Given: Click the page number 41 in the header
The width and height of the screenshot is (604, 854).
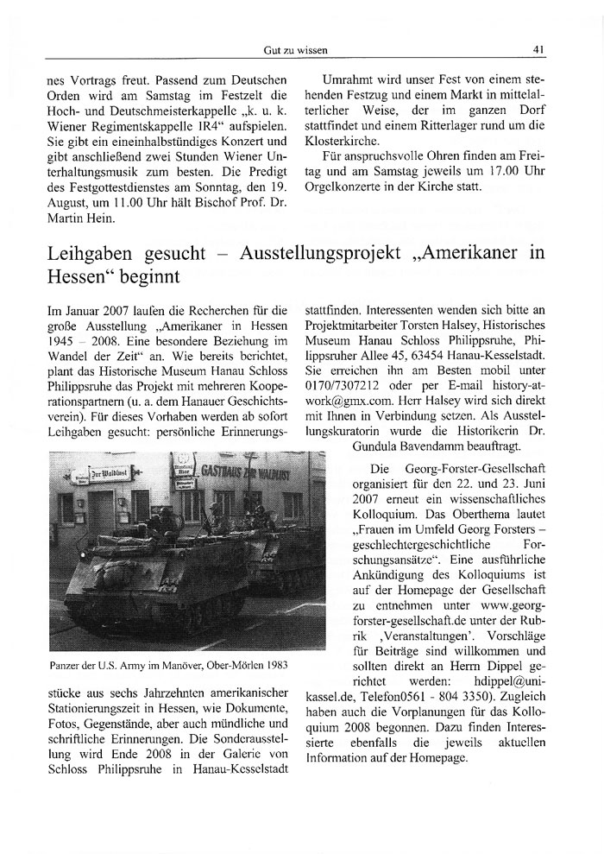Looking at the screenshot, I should pos(538,48).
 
